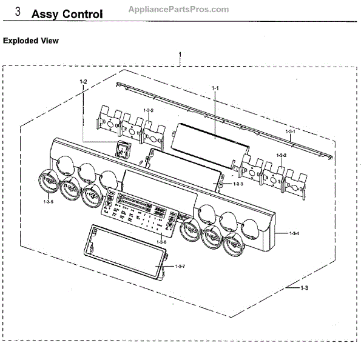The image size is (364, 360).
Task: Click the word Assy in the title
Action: (x=46, y=13)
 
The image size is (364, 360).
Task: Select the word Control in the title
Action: (x=83, y=13)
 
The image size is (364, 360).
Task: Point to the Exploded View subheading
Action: (x=31, y=41)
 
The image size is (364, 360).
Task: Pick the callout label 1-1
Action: (x=215, y=88)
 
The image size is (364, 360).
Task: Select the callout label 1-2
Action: (x=84, y=81)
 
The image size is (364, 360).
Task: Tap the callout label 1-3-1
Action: (x=291, y=131)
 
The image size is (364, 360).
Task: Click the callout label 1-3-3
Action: (x=238, y=184)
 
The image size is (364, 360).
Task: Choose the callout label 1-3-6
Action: (x=161, y=242)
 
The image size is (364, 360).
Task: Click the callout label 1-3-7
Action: (x=180, y=267)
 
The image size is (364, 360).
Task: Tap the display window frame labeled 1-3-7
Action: (x=126, y=251)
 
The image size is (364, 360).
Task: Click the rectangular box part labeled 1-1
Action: (x=212, y=140)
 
